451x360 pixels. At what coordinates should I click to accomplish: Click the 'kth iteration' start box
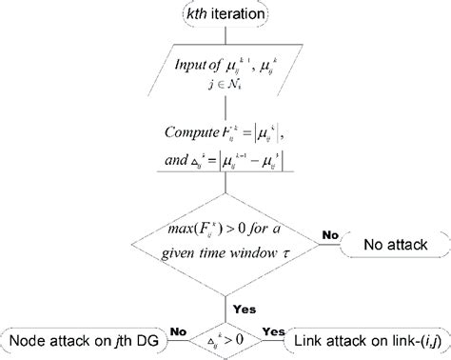225,14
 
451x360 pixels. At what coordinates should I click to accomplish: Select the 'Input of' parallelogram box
225,73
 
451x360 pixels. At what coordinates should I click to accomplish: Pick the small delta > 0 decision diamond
225,338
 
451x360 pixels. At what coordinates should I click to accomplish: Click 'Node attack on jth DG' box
84,338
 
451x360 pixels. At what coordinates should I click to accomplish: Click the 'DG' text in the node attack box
147,338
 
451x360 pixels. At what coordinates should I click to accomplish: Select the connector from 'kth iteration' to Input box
225,34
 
